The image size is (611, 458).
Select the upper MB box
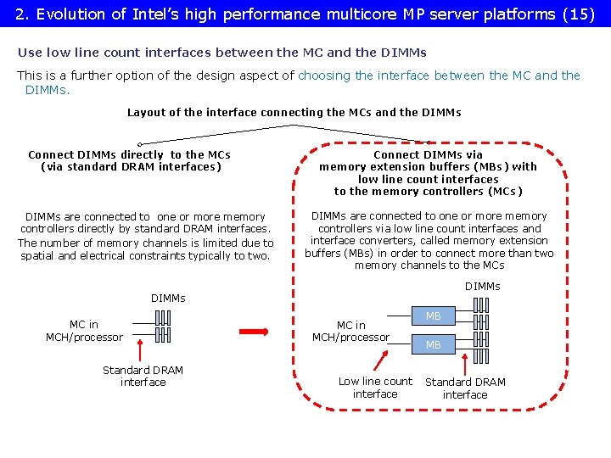pyautogui.click(x=434, y=316)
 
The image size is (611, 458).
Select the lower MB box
pyautogui.click(x=434, y=345)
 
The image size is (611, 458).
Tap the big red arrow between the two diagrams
pyautogui.click(x=254, y=330)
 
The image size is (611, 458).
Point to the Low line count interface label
pyautogui.click(x=375, y=388)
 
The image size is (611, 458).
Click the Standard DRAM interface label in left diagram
pyautogui.click(x=143, y=376)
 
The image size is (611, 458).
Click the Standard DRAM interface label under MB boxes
pyautogui.click(x=465, y=388)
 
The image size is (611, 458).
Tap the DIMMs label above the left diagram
pyautogui.click(x=168, y=298)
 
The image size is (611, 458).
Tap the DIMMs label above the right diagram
pyautogui.click(x=483, y=287)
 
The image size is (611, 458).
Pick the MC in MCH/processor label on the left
pyautogui.click(x=84, y=331)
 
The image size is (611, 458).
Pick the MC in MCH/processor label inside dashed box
pyautogui.click(x=350, y=332)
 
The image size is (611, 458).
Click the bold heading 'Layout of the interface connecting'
pyautogui.click(x=294, y=112)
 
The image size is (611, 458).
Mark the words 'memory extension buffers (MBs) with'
pyautogui.click(x=428, y=167)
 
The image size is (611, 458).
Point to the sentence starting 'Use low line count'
pyautogui.click(x=222, y=53)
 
